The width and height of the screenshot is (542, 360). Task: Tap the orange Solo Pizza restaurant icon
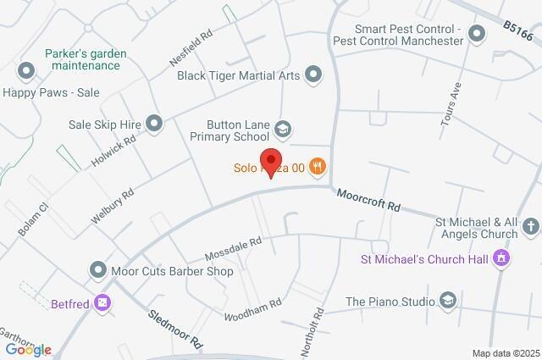point(318,167)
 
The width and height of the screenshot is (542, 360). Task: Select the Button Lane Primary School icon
point(283,130)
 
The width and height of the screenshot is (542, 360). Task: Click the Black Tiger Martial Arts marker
point(314,75)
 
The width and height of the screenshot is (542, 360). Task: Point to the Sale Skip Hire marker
point(154,125)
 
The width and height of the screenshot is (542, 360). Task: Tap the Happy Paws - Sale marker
point(26,71)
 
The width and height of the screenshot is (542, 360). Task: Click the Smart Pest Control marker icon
point(476,34)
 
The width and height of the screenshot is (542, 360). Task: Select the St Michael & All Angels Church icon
point(531,226)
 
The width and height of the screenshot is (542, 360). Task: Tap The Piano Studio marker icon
point(448,301)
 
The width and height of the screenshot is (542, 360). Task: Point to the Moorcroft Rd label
point(368,201)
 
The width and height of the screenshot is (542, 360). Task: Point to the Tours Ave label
point(451,105)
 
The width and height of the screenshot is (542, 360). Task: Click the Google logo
point(28,349)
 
